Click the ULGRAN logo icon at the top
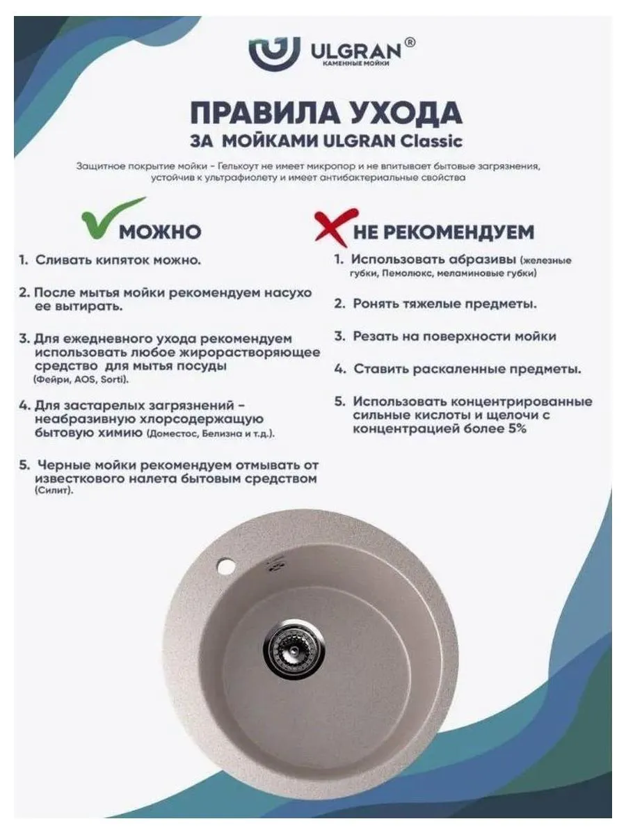(x=274, y=53)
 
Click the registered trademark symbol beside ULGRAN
(x=410, y=42)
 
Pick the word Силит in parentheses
(x=52, y=491)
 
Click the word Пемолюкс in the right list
(x=396, y=273)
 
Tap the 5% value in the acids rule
(x=516, y=429)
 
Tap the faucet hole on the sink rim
(x=225, y=566)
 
